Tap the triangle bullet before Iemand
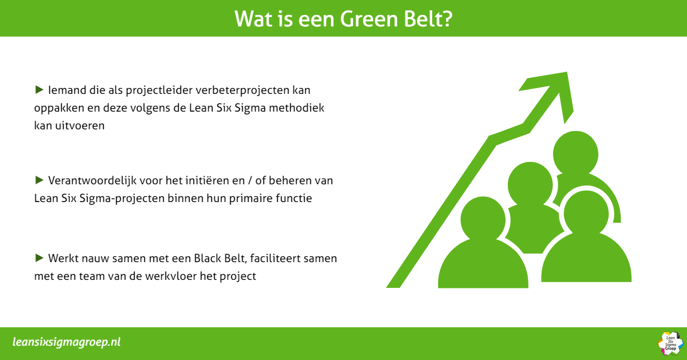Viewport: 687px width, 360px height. (x=39, y=89)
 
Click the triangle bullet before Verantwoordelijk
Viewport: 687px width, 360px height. (x=39, y=180)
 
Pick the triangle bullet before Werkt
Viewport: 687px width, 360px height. (x=39, y=258)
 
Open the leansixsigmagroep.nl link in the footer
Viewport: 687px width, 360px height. (x=66, y=342)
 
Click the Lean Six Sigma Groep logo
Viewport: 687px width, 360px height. (x=670, y=343)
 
